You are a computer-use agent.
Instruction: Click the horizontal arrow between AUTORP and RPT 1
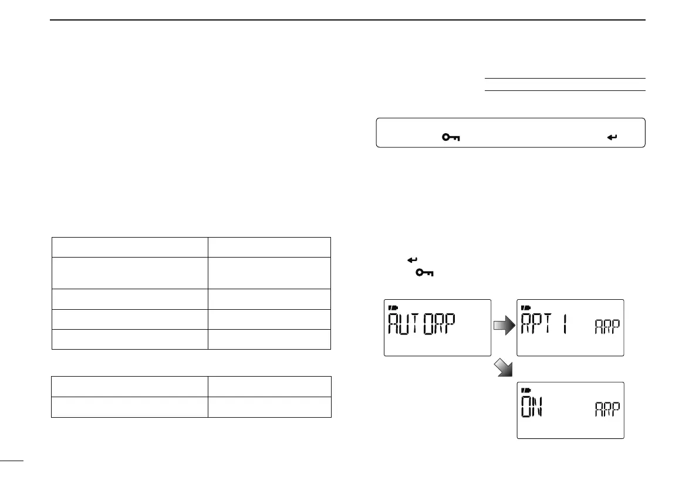coord(504,326)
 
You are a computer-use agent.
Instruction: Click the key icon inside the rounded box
coord(451,137)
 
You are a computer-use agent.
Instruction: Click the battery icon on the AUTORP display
coord(392,307)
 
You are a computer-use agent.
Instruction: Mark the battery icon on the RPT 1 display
coord(525,307)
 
